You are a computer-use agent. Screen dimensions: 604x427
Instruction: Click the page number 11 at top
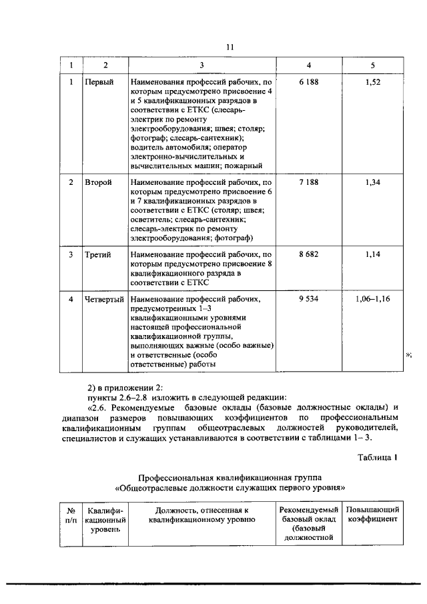point(230,47)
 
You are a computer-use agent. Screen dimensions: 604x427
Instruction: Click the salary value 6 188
point(308,81)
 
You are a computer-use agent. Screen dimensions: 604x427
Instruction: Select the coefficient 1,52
point(373,81)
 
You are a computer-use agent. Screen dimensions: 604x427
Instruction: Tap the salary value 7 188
point(308,182)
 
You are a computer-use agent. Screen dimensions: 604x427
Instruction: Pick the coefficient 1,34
point(373,182)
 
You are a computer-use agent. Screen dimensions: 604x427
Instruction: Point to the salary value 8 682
point(308,254)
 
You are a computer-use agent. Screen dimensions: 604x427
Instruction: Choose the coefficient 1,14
point(373,254)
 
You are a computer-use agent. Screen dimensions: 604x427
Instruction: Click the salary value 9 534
point(308,299)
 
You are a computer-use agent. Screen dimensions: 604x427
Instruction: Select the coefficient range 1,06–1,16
point(374,299)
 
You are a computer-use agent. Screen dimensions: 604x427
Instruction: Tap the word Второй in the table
point(98,182)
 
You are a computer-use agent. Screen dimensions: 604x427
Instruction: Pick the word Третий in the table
point(98,254)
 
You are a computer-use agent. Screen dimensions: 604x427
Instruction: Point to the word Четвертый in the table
point(104,299)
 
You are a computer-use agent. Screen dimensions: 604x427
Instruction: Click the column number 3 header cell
point(202,65)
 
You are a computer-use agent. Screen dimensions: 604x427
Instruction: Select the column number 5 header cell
point(373,65)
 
